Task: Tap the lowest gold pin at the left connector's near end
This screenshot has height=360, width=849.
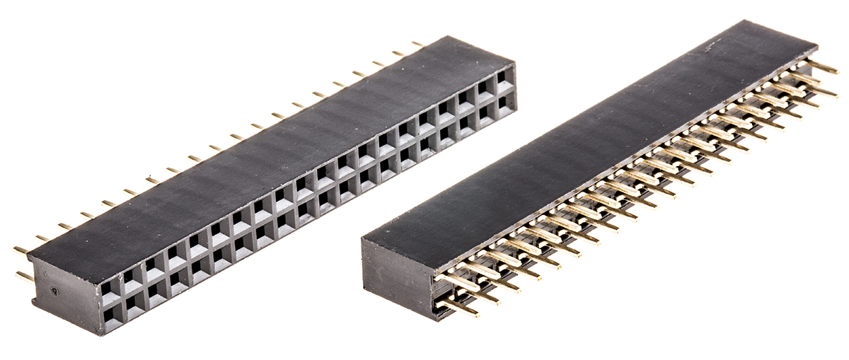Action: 23,276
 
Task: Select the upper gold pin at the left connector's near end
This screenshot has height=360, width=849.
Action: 21,250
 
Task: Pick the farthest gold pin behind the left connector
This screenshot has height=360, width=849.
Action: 417,44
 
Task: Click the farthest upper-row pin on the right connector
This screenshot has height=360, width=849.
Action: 824,68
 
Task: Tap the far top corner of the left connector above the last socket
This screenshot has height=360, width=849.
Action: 514,64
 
